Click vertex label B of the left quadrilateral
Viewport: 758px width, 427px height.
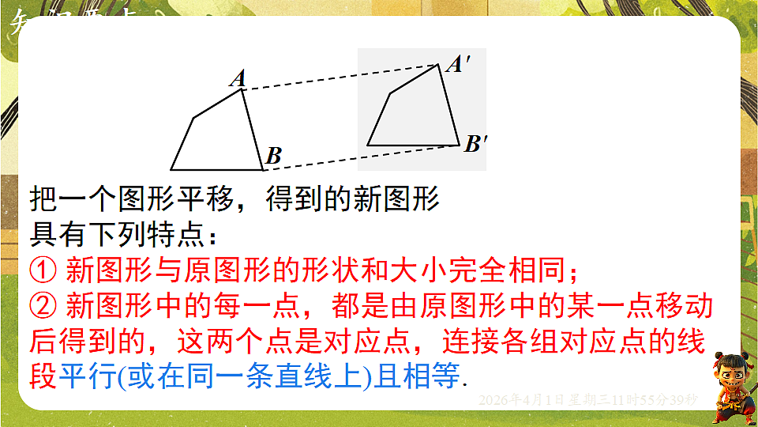pos(273,156)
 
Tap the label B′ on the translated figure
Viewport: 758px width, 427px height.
pos(476,144)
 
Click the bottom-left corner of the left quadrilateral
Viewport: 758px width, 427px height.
pos(171,169)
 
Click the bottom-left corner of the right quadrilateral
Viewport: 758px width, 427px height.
pos(368,145)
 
